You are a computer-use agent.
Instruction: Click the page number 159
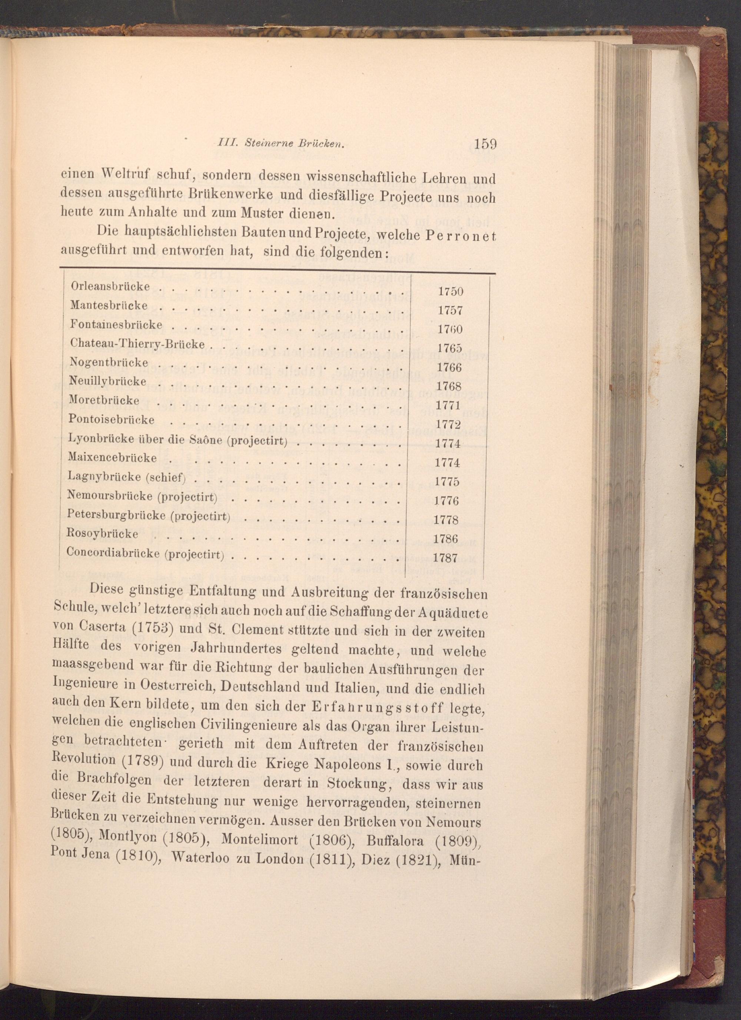tap(484, 145)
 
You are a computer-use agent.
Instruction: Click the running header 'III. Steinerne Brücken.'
tap(281, 143)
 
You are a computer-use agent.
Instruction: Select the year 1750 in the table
tap(451, 292)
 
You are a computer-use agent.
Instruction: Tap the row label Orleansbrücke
tap(110, 286)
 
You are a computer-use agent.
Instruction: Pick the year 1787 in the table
tap(445, 558)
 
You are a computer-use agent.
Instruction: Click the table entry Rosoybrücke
tap(103, 534)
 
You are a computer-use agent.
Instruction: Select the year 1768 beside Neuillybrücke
tap(449, 386)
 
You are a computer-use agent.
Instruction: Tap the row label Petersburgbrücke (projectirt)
tap(148, 515)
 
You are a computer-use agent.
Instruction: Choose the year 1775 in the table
tap(447, 482)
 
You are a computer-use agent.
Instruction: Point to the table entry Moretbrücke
tap(104, 400)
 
